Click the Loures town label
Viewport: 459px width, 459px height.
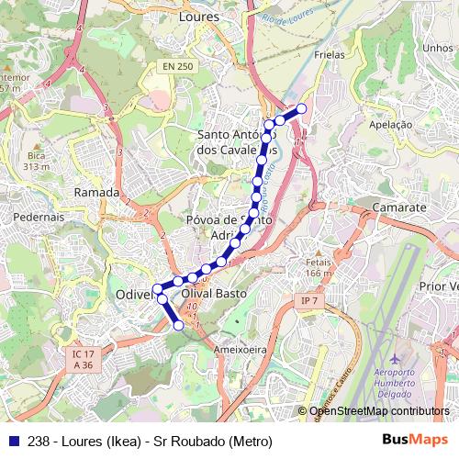(198, 16)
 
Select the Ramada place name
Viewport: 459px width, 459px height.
(96, 193)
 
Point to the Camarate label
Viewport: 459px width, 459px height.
(399, 208)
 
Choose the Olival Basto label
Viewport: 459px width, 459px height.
(216, 294)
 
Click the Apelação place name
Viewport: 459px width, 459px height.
(394, 122)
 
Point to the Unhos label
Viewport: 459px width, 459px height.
(439, 48)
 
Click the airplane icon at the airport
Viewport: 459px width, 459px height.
(396, 357)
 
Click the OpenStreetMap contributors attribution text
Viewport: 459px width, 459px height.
(379, 411)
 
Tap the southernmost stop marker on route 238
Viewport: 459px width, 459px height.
(179, 325)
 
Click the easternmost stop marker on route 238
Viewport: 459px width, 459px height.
(301, 109)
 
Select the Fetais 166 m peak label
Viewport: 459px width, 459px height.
(319, 267)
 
